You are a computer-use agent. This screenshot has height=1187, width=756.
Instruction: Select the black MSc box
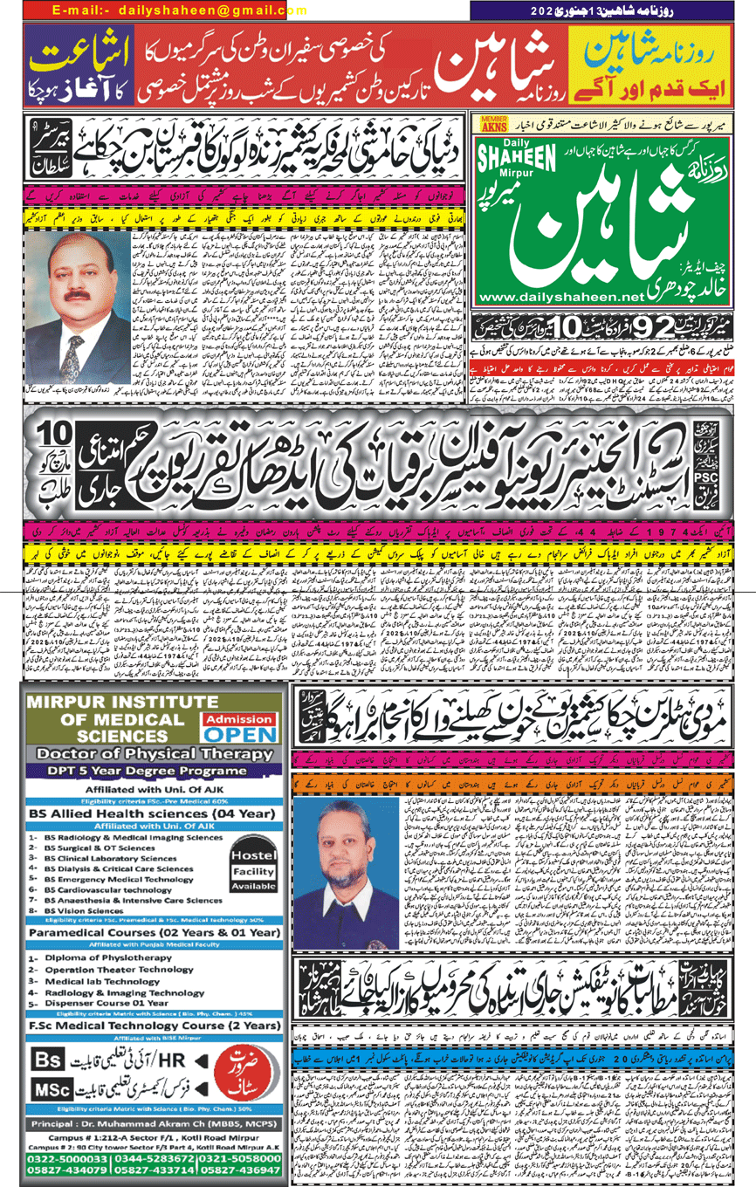point(54,1090)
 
